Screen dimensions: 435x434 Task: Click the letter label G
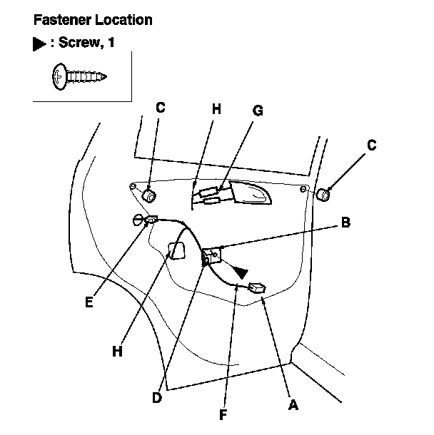point(258,110)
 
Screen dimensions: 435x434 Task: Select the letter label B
point(345,222)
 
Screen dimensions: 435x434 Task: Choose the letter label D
point(158,398)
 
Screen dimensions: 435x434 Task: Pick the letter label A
point(291,404)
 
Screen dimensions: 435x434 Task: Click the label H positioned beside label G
point(217,110)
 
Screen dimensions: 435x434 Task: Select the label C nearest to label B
point(371,144)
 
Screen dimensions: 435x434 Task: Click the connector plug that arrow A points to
point(256,288)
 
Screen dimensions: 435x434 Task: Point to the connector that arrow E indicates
point(151,220)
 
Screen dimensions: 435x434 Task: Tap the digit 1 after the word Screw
point(110,43)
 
